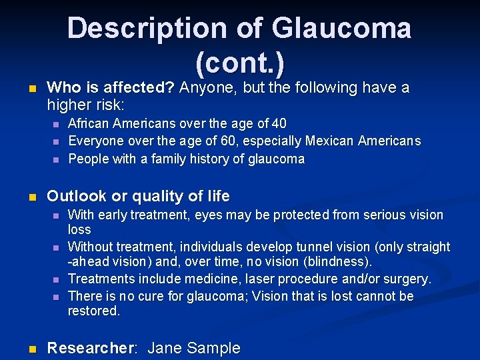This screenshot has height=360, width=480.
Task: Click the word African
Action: click(90, 123)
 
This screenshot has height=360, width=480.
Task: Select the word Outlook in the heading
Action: click(77, 196)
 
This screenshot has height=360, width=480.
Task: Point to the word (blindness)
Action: click(339, 261)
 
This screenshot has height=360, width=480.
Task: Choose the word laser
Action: click(251, 279)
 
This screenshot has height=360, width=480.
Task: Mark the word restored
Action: click(94, 311)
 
